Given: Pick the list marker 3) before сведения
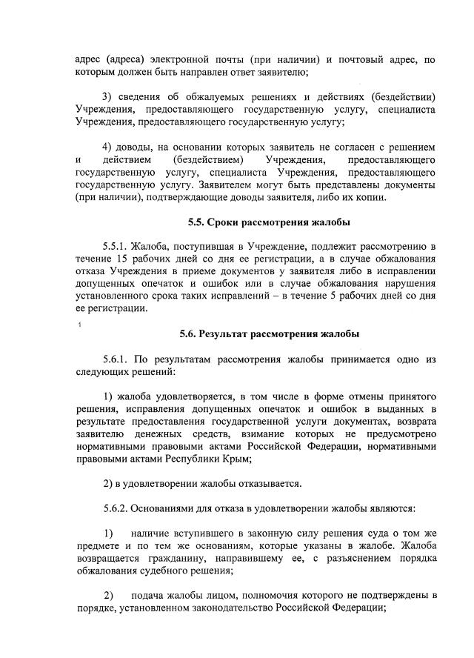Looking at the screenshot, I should tap(107, 97).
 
